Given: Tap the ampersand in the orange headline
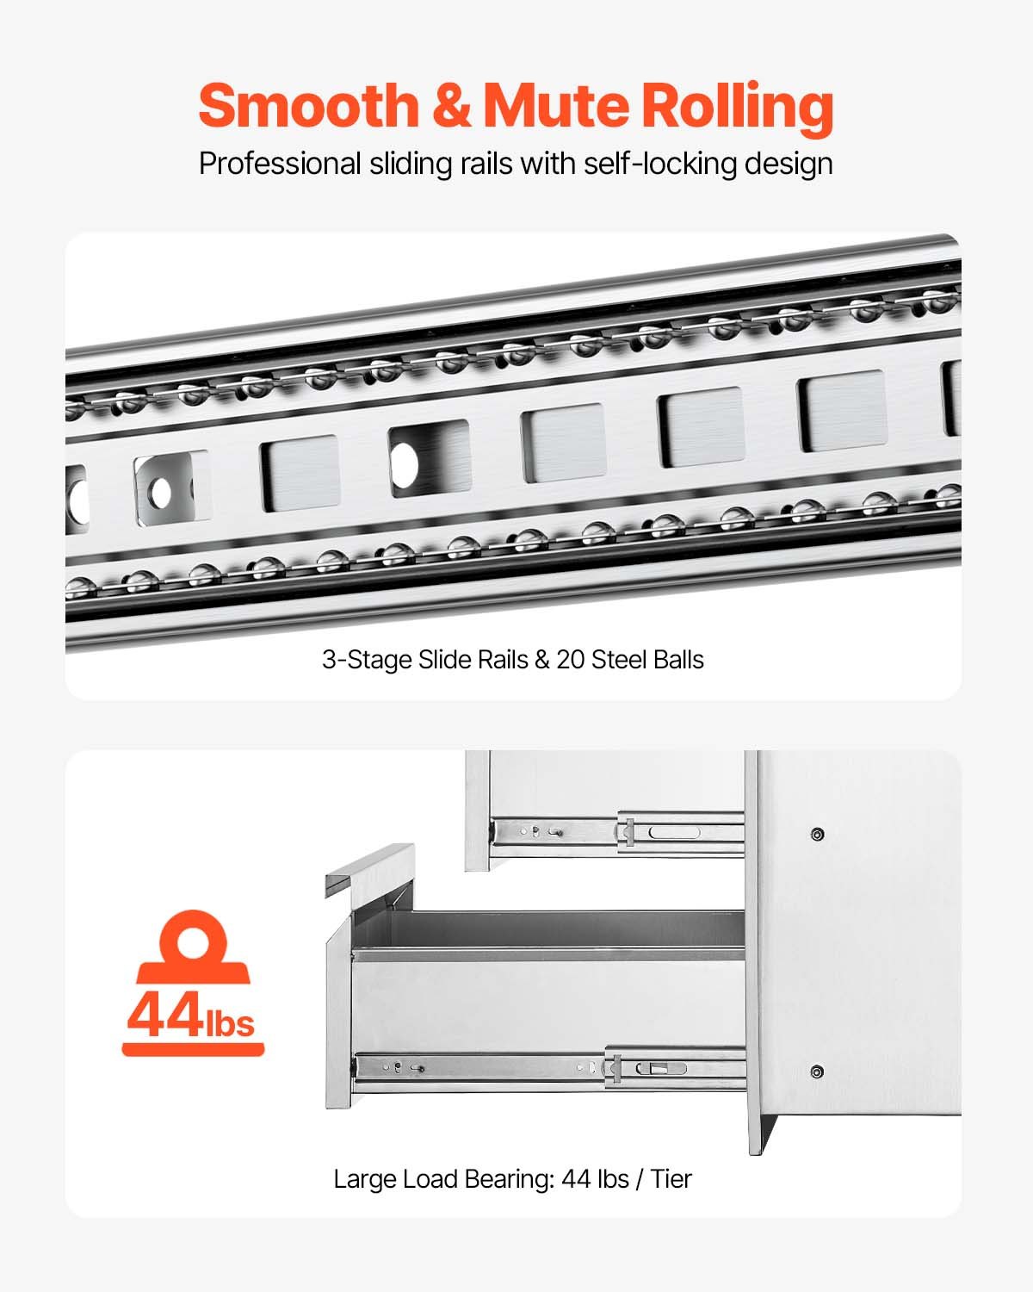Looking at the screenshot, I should click(451, 105).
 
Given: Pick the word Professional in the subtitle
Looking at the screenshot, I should click(280, 164).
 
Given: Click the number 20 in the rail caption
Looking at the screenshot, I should click(571, 660).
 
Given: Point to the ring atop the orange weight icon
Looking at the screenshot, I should click(193, 935).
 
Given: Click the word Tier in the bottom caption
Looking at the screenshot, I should click(671, 1178).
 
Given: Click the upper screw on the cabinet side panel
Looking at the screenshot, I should click(817, 834).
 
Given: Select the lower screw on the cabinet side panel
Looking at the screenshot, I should click(816, 1071).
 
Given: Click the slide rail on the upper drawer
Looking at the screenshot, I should click(615, 832).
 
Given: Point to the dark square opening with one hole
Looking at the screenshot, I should click(429, 460).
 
